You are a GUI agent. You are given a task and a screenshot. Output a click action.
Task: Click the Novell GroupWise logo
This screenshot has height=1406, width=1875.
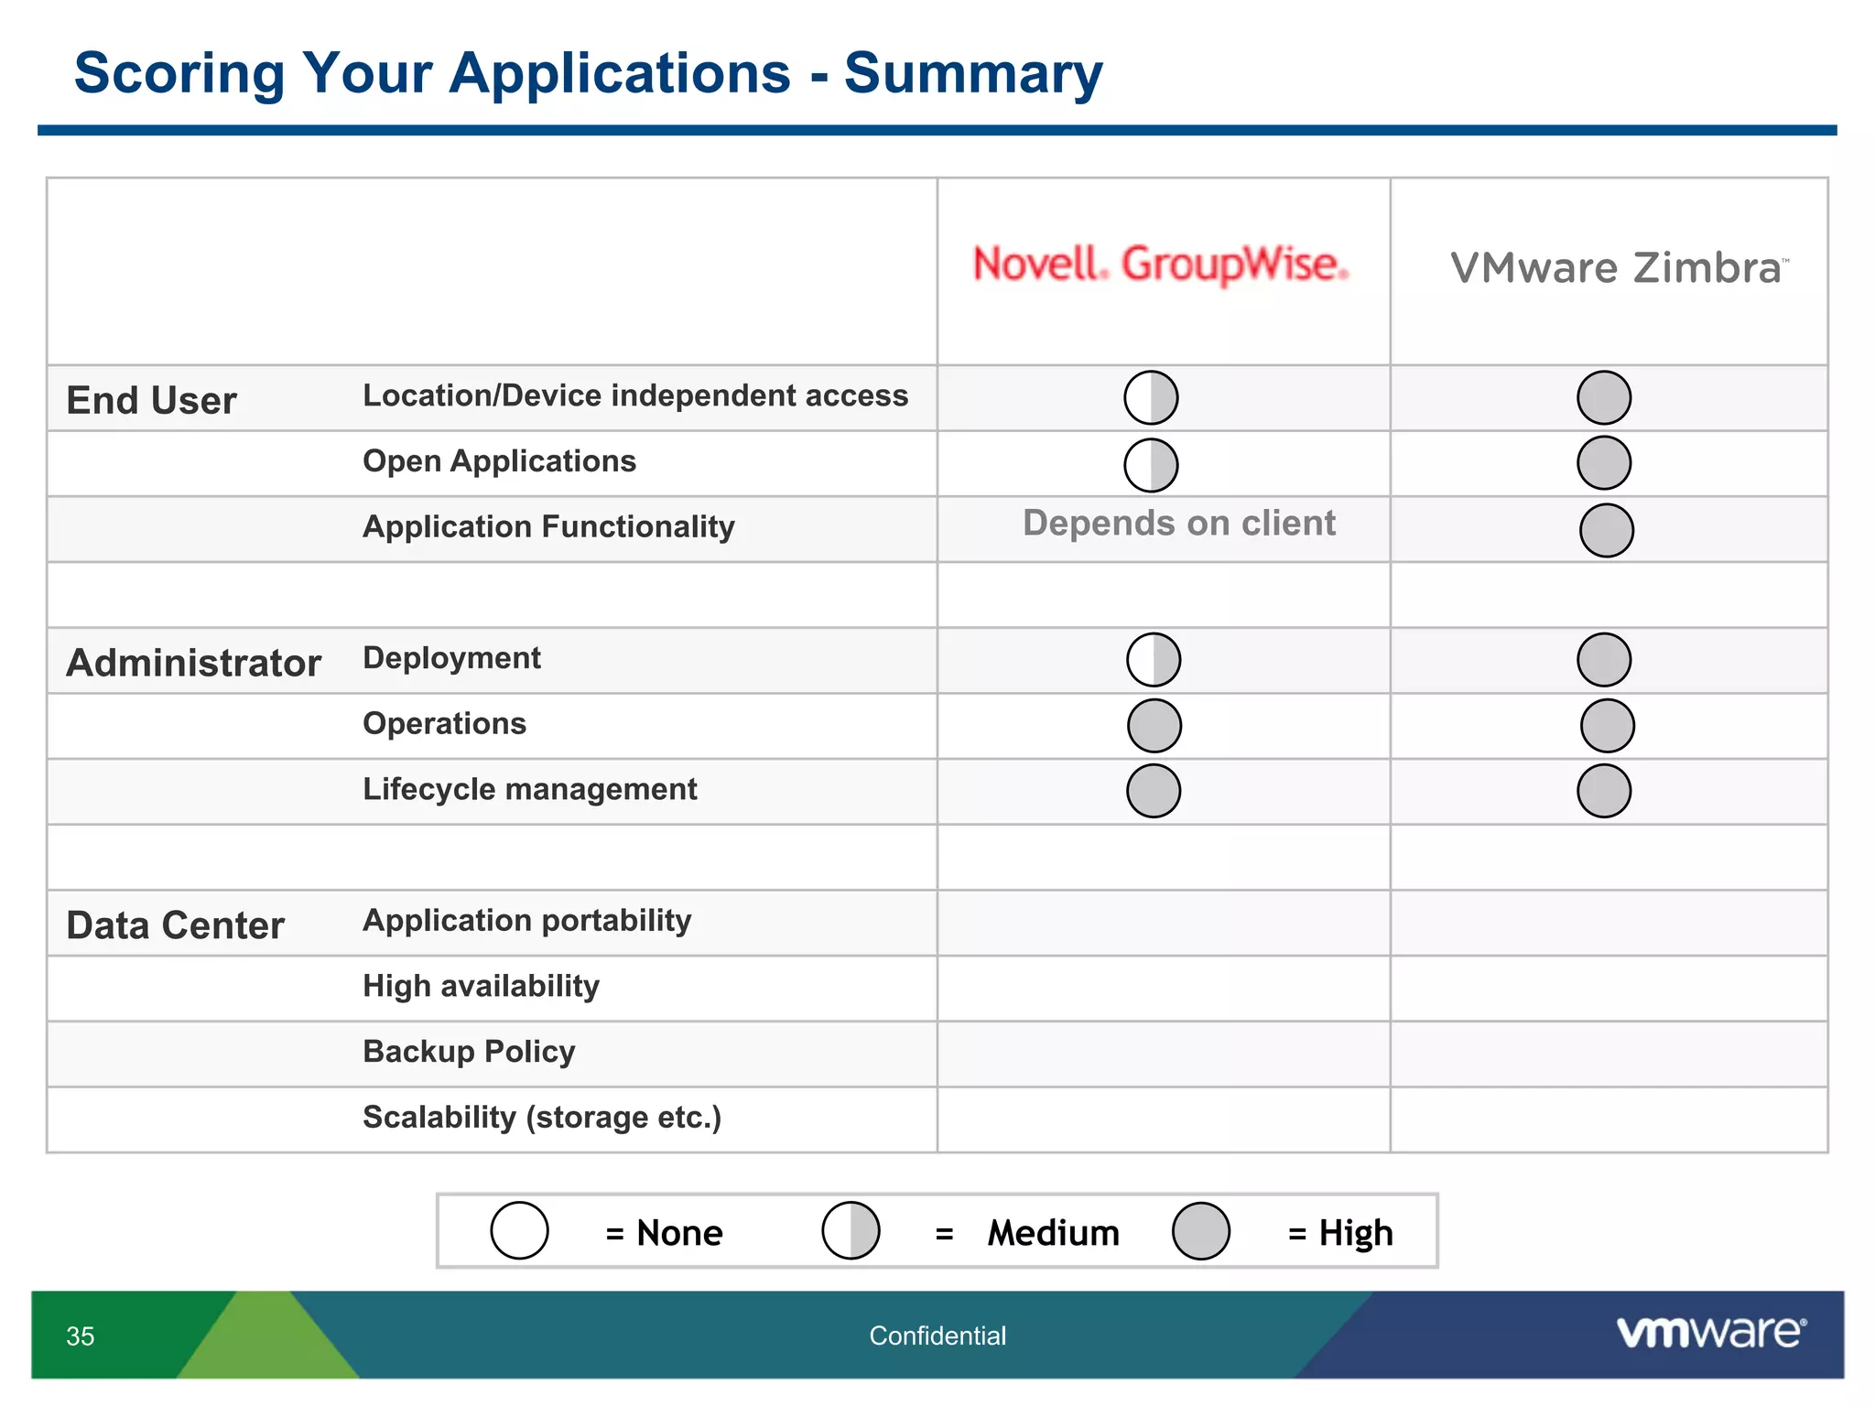(x=1160, y=264)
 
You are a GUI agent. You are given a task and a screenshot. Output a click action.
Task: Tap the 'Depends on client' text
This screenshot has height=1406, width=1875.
(x=1178, y=523)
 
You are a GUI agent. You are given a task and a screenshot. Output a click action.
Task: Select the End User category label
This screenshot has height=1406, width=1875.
(x=151, y=400)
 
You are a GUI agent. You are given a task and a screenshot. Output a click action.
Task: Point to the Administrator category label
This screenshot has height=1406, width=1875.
(x=193, y=663)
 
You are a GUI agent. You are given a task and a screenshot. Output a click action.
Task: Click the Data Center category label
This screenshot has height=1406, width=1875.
(x=175, y=925)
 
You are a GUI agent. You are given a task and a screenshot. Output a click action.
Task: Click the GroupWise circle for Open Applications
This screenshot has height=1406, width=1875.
(x=1151, y=465)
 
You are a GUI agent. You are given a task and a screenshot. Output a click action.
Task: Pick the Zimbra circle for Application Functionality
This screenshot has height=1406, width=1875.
(x=1606, y=530)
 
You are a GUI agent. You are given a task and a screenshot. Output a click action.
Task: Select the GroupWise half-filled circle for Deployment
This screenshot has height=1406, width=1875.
(x=1153, y=659)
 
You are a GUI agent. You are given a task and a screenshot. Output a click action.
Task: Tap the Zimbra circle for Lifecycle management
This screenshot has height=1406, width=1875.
(x=1603, y=791)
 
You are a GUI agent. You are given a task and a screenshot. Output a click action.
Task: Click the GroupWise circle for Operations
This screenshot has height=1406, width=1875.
(x=1154, y=726)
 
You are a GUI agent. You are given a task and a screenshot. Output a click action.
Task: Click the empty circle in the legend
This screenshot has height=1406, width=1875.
(x=519, y=1230)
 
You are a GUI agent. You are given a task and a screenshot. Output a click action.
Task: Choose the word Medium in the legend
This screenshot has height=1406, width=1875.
(x=1053, y=1233)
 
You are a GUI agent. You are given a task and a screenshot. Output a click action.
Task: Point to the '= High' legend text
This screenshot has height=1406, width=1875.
(x=1340, y=1233)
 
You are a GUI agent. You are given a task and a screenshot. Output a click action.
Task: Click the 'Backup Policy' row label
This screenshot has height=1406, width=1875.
(x=469, y=1051)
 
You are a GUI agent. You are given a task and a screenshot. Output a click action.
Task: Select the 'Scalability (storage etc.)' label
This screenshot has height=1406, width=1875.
(x=542, y=1117)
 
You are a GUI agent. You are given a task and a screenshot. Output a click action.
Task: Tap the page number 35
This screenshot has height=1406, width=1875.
(x=81, y=1336)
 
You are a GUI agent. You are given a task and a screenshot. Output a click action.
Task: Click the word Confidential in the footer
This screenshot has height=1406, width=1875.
(x=937, y=1336)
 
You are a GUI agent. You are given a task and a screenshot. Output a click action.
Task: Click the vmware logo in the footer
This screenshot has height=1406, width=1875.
(x=1710, y=1332)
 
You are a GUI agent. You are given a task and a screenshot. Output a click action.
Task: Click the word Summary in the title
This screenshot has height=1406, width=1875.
(x=972, y=73)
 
